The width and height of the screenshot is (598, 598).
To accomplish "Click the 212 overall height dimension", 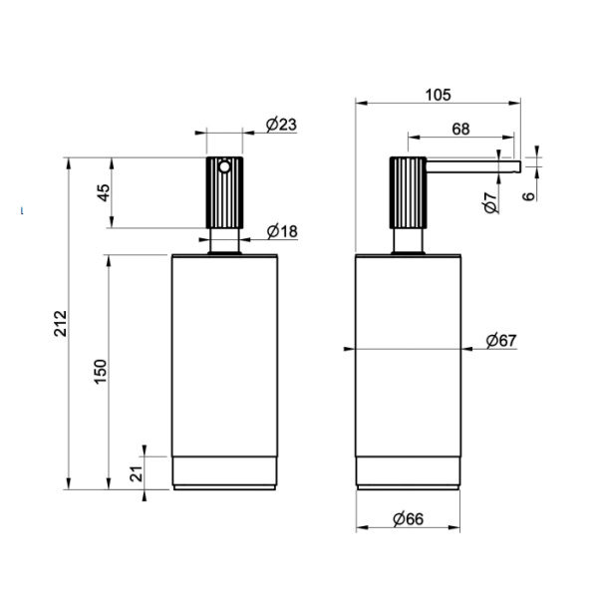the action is (60, 323).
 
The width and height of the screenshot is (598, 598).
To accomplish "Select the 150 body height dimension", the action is (101, 372).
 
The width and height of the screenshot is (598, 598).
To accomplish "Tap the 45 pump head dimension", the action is (104, 193).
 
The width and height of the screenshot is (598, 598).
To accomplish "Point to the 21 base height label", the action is (137, 473).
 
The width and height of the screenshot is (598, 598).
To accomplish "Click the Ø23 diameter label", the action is (281, 125).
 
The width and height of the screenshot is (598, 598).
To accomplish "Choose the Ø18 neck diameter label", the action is (282, 231).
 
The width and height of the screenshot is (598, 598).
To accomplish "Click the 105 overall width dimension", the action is (438, 95).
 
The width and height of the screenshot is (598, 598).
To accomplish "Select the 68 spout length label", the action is (460, 130).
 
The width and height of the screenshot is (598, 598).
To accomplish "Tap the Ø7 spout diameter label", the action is (490, 202).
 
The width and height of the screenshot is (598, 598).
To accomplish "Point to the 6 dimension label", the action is (528, 196).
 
